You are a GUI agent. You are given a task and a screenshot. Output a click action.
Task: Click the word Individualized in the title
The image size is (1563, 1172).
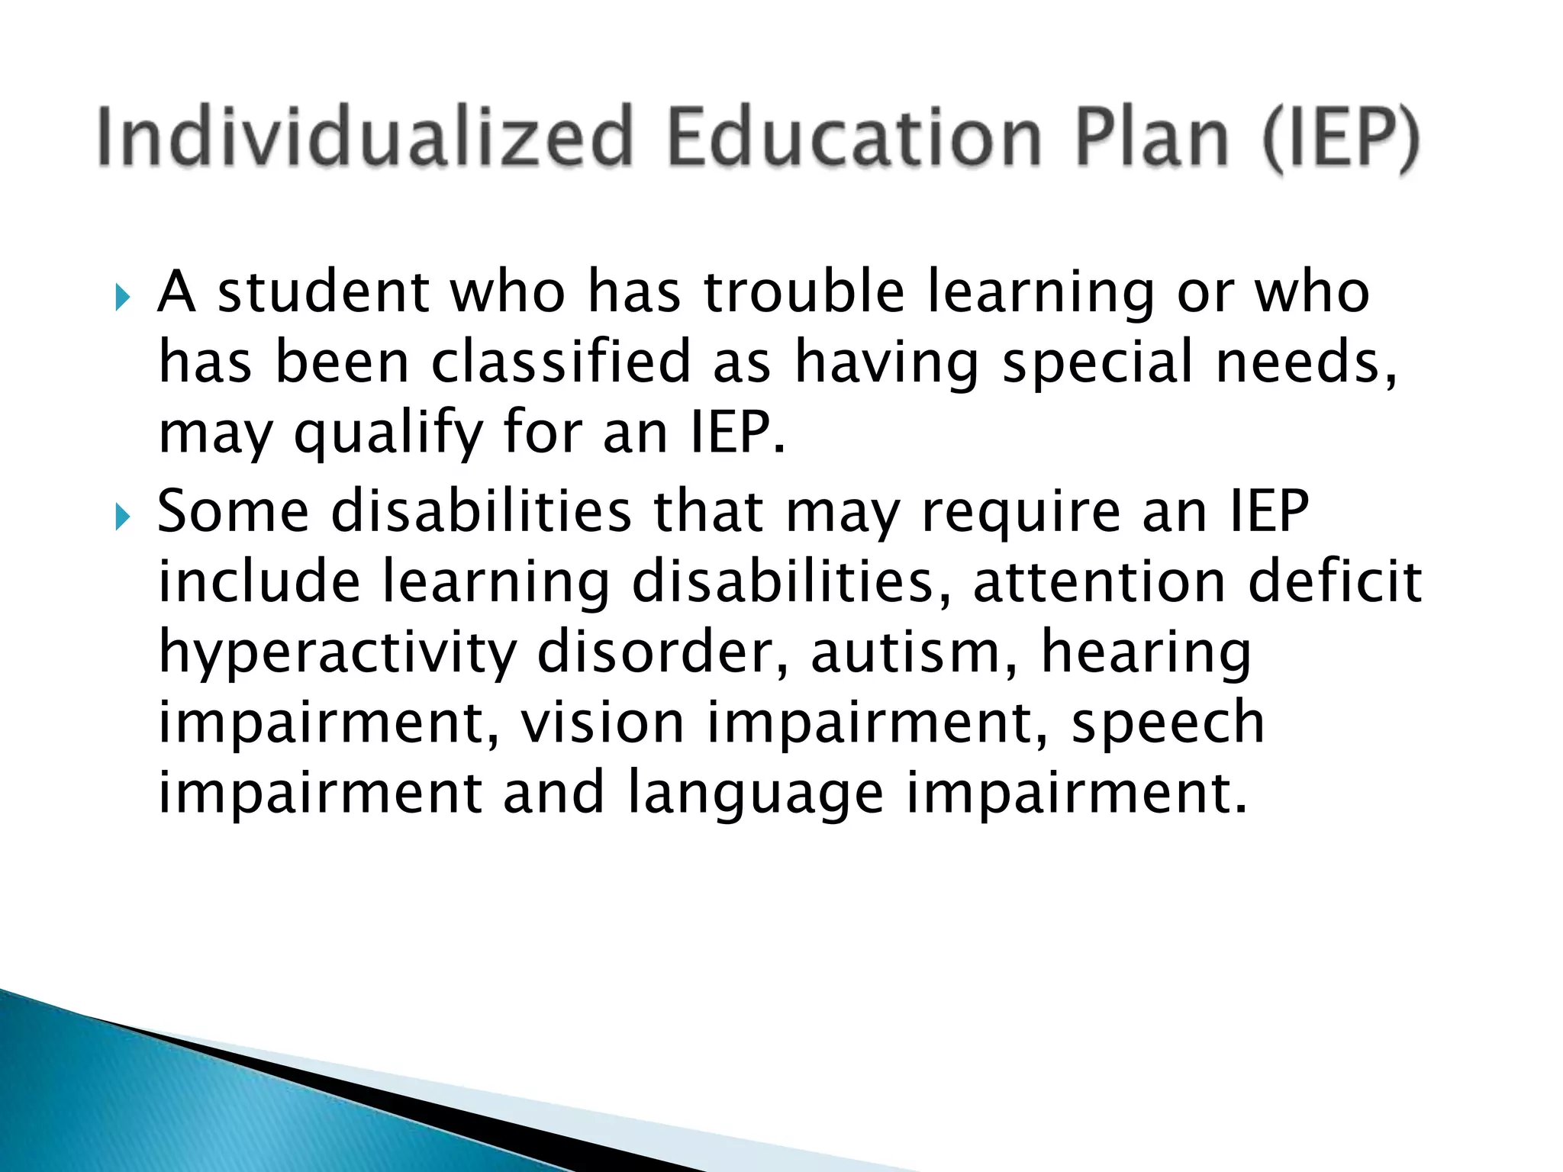coord(365,137)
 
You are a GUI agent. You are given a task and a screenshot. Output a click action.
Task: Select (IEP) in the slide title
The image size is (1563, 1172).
coord(1341,139)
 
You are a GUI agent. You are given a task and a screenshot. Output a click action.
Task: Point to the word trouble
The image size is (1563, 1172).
coord(804,293)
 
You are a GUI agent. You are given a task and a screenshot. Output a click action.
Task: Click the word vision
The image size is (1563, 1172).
coord(602,723)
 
